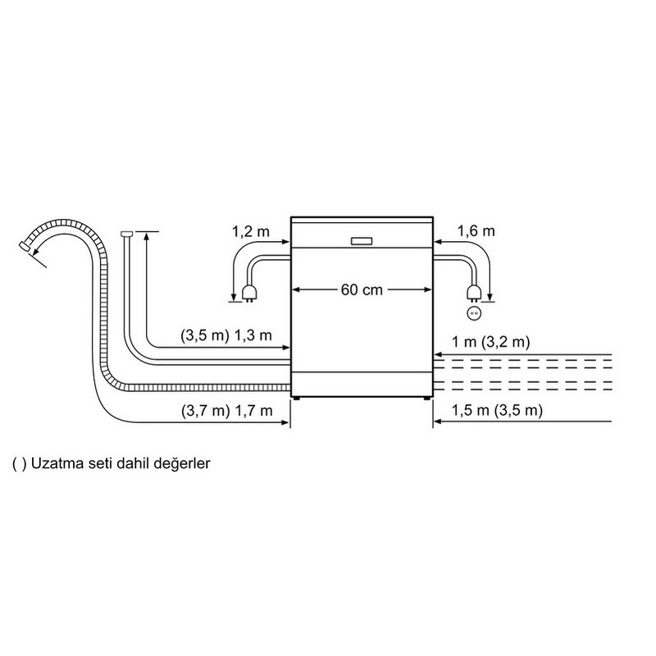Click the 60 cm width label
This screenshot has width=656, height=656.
(362, 289)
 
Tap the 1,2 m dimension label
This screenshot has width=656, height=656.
(251, 231)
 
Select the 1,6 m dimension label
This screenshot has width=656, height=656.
(476, 230)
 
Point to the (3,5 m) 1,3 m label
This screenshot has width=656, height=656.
(226, 335)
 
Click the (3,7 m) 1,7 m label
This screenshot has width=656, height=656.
(227, 411)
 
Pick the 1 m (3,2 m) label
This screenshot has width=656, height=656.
(490, 342)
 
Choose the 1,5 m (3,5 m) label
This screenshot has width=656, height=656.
(497, 410)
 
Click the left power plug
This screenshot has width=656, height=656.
(249, 293)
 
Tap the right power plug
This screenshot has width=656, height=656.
(473, 293)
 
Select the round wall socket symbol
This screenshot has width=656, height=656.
(474, 312)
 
